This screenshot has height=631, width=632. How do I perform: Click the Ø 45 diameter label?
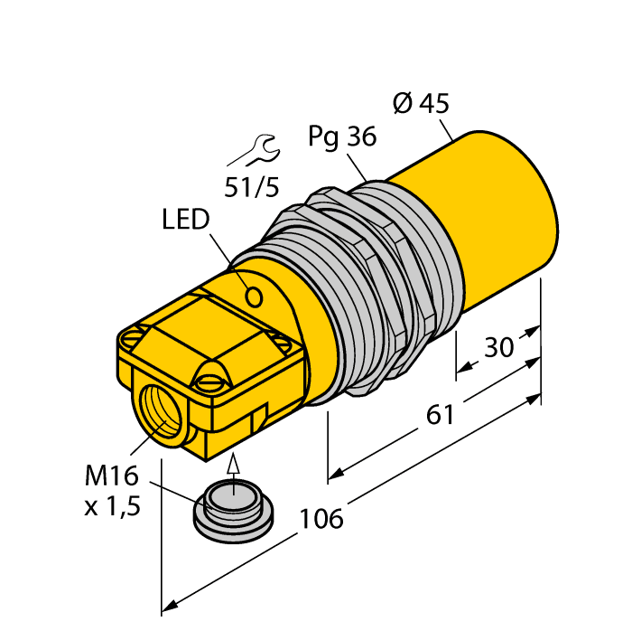[x=421, y=104]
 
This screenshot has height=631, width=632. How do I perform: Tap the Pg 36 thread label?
[x=341, y=137]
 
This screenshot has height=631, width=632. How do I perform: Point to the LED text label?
[x=186, y=220]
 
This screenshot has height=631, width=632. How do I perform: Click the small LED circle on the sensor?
[x=256, y=296]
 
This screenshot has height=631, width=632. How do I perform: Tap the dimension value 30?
[x=499, y=348]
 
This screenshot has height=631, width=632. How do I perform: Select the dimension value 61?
[x=439, y=416]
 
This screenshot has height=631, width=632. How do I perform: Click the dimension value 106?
[x=322, y=519]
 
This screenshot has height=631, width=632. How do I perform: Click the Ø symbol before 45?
[x=403, y=104]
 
